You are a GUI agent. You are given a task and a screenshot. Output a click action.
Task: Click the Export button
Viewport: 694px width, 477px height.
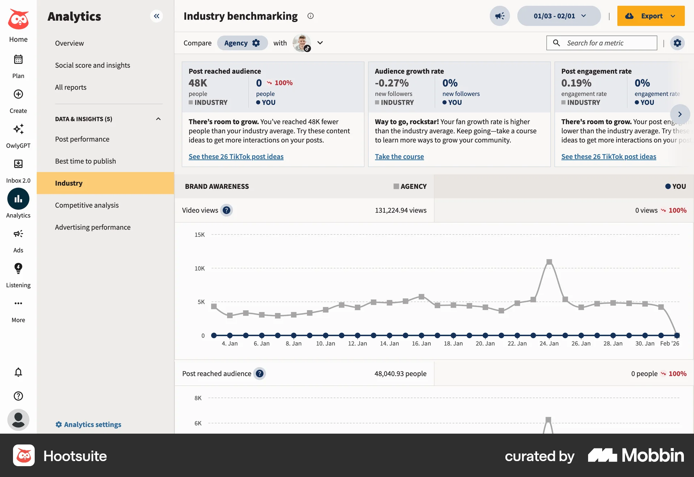pos(650,16)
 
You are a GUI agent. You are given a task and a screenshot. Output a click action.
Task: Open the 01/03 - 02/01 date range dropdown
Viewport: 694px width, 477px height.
pos(559,16)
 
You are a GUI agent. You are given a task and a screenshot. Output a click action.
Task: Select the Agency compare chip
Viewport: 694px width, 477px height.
pos(242,43)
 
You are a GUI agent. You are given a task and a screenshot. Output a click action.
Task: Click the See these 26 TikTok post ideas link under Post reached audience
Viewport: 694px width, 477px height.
pos(236,156)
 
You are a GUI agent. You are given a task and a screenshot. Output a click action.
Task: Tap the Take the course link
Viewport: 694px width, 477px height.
pos(399,156)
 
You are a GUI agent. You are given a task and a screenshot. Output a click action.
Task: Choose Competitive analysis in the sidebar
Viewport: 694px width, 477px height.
pos(87,205)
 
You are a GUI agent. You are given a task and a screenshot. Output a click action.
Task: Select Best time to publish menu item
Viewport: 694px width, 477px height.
pos(85,161)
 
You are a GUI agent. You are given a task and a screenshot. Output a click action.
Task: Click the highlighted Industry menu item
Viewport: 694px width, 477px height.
pos(69,183)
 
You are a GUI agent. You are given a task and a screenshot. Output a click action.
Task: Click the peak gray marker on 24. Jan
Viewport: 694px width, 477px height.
pos(549,262)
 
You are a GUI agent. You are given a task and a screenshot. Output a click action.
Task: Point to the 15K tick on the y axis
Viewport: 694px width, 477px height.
pos(200,235)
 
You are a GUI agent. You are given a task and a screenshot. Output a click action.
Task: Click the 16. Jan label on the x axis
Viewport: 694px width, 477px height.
pos(421,343)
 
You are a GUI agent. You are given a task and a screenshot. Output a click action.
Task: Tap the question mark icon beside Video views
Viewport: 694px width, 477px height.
pos(227,210)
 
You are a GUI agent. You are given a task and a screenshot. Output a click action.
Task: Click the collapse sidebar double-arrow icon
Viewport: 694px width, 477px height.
pos(157,16)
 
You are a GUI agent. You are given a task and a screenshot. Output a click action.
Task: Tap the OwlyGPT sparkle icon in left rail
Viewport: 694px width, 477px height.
pos(18,129)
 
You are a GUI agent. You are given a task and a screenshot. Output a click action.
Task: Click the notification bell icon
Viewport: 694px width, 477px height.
pos(18,372)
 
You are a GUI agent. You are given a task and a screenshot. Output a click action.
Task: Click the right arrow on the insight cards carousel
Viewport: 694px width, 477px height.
pos(680,114)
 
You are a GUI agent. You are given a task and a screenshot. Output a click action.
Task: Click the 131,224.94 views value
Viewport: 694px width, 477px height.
pos(400,210)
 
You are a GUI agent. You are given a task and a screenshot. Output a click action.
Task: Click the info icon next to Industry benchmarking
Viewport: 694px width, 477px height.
pos(310,16)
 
